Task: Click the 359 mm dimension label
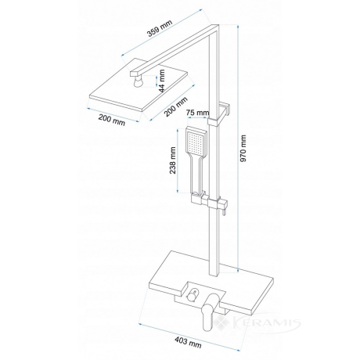pyautogui.click(x=160, y=28)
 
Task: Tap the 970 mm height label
pyautogui.click(x=243, y=148)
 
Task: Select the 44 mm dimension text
pyautogui.click(x=162, y=81)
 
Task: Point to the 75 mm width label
pyautogui.click(x=198, y=113)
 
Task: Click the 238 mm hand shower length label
pyautogui.click(x=173, y=160)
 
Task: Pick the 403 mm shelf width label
pyautogui.click(x=188, y=342)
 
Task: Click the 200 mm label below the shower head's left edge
pyautogui.click(x=112, y=120)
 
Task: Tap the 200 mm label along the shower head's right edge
pyautogui.click(x=176, y=107)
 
